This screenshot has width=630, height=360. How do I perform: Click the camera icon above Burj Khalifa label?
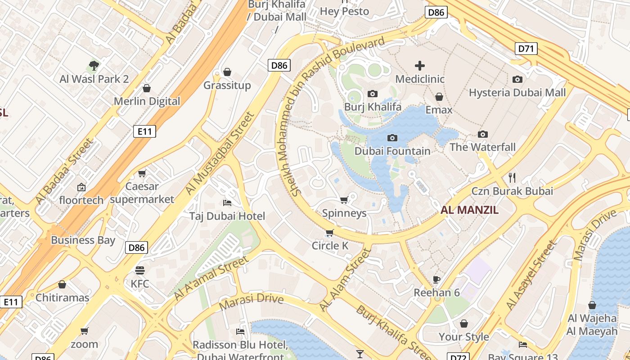tap(372, 94)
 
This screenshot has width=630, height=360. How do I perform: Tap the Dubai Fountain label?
tap(392, 151)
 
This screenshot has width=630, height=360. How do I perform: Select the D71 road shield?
tap(526, 48)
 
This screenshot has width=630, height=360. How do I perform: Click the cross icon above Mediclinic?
tap(419, 66)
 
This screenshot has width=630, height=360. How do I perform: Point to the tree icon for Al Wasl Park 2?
tap(94, 66)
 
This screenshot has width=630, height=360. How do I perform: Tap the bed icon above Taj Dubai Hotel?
tap(227, 203)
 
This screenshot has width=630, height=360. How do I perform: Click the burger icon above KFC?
tap(140, 270)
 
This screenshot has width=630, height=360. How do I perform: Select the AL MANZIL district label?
tap(469, 210)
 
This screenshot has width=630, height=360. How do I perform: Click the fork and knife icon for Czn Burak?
tap(512, 177)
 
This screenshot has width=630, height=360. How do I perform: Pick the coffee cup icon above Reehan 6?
tap(436, 279)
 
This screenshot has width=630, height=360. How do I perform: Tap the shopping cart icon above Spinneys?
tap(344, 200)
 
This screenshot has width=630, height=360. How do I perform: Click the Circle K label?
tap(330, 246)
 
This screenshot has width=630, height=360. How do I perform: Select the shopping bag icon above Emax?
tap(439, 97)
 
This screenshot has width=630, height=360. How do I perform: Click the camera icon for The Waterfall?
tap(483, 134)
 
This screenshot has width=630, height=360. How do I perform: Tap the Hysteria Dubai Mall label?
tap(517, 93)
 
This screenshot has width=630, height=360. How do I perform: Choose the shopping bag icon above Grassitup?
tap(227, 72)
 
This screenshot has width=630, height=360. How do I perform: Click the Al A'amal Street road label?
tap(211, 279)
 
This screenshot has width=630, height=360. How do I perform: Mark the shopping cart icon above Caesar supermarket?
tap(142, 173)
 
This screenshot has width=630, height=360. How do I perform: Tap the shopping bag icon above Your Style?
tap(463, 324)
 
